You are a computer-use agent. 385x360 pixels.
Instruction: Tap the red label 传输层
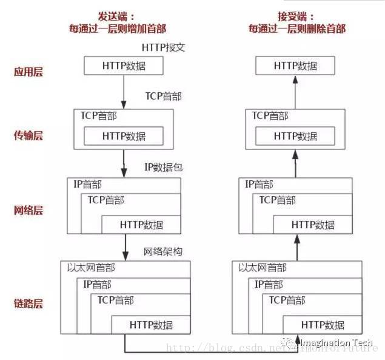[x=28, y=135]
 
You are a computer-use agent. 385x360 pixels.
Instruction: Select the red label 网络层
[x=28, y=211]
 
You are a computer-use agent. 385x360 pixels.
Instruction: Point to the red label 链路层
[x=28, y=303]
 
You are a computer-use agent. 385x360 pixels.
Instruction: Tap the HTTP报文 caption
[x=163, y=47]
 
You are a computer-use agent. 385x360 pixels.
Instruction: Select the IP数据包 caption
[x=163, y=166]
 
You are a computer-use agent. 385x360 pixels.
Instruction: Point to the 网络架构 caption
[x=163, y=251]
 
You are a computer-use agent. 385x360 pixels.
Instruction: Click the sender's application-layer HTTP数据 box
[x=124, y=66]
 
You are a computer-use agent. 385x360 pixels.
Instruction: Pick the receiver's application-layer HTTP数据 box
[x=295, y=66]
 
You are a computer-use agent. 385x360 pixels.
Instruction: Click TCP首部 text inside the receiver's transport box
[x=270, y=115]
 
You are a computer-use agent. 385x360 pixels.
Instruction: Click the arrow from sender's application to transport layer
[x=124, y=91]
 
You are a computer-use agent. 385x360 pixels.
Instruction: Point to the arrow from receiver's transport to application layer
[x=296, y=91]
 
